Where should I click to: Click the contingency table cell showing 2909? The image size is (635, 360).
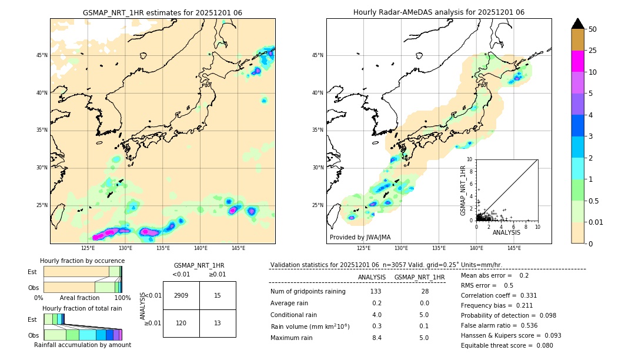tap(181, 295)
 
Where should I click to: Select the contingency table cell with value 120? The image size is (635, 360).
tap(181, 323)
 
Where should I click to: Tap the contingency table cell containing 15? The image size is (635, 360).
tap(218, 295)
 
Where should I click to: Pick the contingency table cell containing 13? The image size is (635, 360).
tap(218, 323)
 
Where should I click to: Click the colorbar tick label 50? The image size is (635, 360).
tap(593, 29)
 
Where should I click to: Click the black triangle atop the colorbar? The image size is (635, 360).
tap(578, 24)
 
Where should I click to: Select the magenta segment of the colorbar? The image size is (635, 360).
tap(578, 61)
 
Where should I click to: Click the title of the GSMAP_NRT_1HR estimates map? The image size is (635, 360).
tap(162, 12)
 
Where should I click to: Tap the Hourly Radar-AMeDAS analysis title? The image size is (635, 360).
tap(439, 12)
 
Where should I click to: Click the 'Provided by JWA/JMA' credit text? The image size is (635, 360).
tap(360, 237)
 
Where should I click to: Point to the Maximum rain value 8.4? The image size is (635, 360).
tap(377, 338)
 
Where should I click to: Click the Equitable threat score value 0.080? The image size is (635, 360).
tap(541, 345)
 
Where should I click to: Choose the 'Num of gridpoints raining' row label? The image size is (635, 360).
tap(308, 292)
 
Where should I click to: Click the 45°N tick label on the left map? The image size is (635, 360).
tap(42, 55)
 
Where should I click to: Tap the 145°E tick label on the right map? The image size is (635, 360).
tap(514, 248)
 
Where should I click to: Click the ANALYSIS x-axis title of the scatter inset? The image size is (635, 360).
tap(506, 233)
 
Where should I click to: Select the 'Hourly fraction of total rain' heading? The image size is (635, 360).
tap(82, 308)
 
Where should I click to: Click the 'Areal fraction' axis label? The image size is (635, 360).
tap(79, 298)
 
